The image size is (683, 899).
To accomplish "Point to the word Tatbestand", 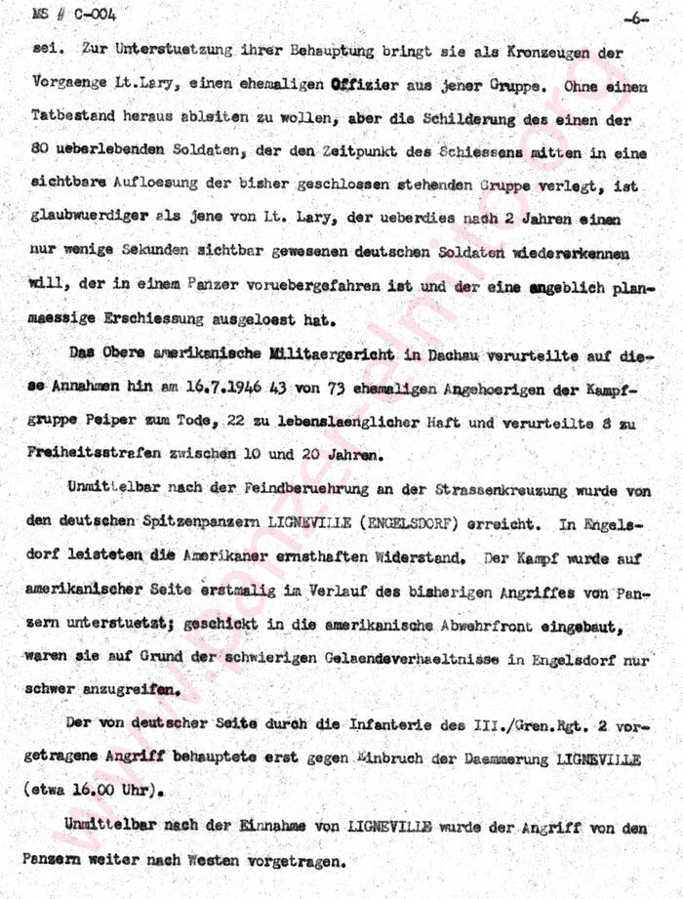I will click(x=72, y=118).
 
